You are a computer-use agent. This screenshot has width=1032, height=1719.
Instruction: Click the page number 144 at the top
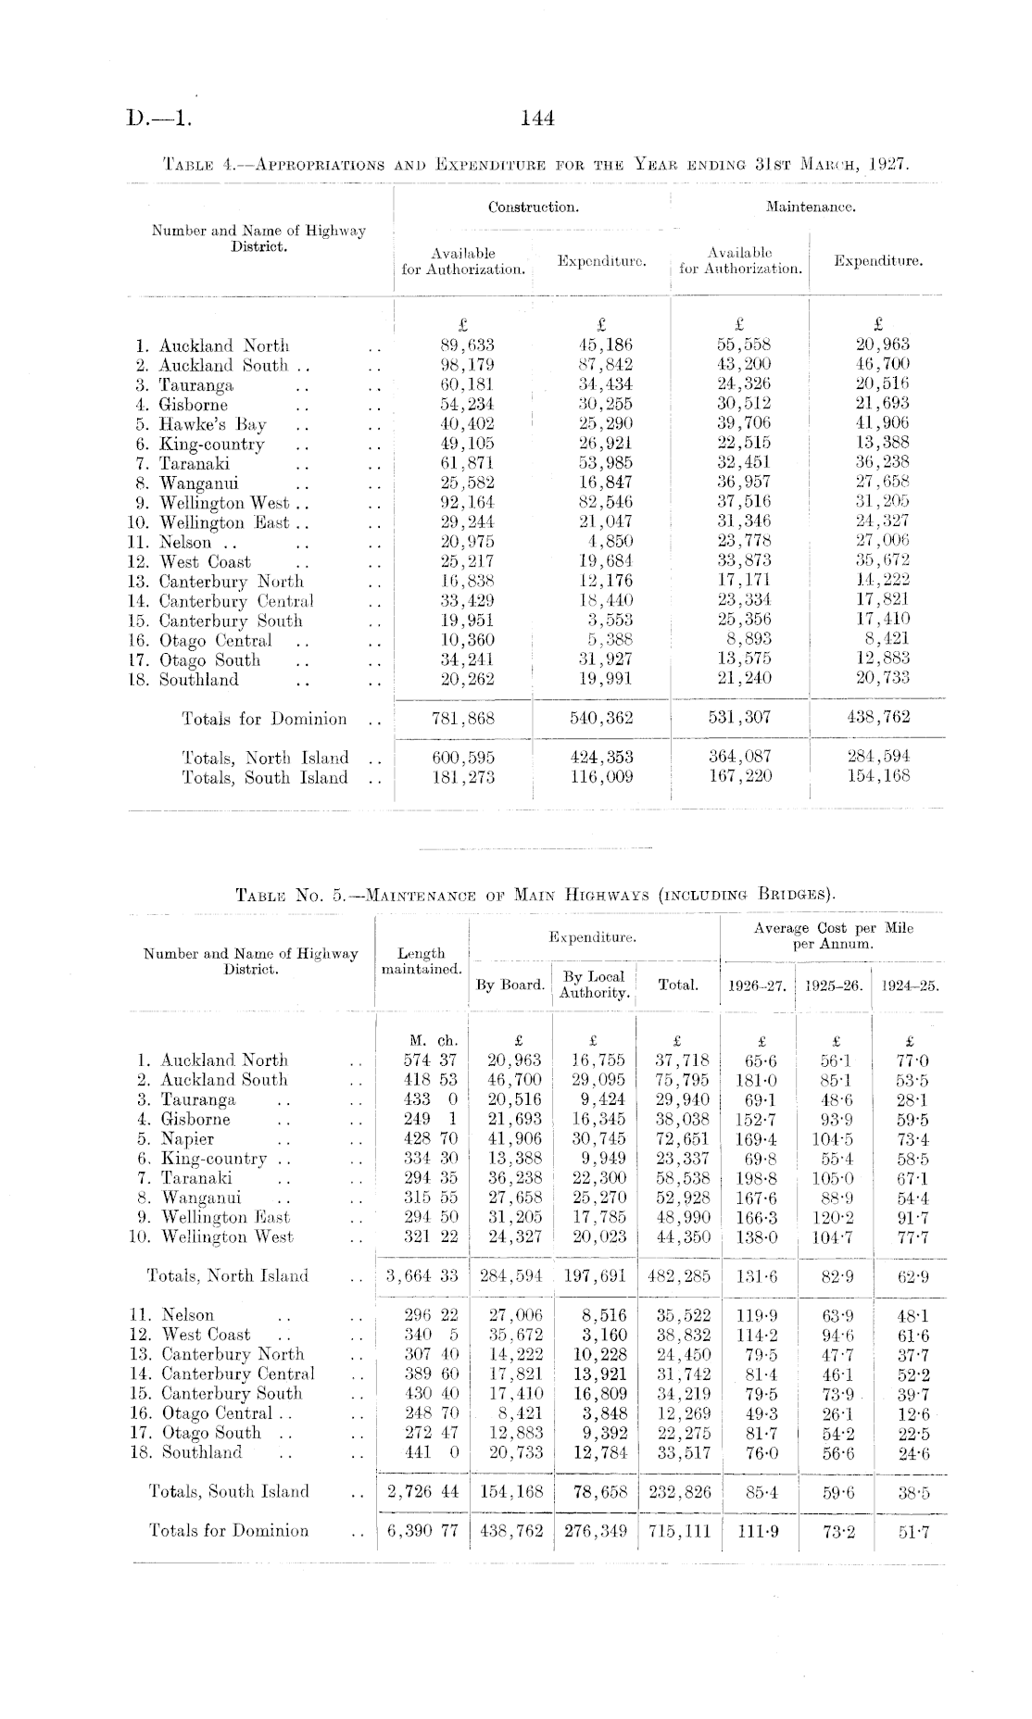[x=537, y=119]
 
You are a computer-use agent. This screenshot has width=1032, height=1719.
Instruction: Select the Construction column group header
[x=533, y=207]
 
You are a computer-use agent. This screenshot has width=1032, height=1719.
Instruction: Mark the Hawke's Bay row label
[x=212, y=425]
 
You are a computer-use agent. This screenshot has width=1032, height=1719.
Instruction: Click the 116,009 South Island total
[x=601, y=777]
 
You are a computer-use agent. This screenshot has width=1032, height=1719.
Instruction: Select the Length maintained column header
[x=422, y=961]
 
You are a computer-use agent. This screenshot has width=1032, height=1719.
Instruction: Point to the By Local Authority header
[x=594, y=985]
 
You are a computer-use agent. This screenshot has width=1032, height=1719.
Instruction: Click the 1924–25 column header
[x=910, y=986]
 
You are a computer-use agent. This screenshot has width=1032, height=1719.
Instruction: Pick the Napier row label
[x=187, y=1139]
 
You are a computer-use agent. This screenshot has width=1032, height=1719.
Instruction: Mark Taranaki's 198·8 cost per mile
[x=758, y=1178]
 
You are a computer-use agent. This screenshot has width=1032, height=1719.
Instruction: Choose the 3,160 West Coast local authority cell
[x=604, y=1335]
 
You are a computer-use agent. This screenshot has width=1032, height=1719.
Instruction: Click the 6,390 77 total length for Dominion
[x=422, y=1531]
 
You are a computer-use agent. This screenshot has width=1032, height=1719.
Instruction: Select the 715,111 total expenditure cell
[x=679, y=1531]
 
